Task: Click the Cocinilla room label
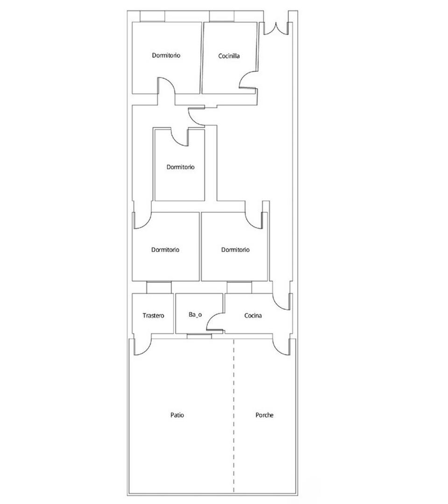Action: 229,56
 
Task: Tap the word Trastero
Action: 153,315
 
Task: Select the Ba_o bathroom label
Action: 196,315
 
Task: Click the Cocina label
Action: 253,315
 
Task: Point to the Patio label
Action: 177,415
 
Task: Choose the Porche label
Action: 265,415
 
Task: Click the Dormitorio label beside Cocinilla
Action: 166,55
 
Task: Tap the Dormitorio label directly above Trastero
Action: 166,250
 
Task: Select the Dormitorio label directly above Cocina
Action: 235,250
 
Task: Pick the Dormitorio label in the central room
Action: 181,167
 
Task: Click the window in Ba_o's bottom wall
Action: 200,336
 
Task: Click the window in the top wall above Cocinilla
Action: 222,16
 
